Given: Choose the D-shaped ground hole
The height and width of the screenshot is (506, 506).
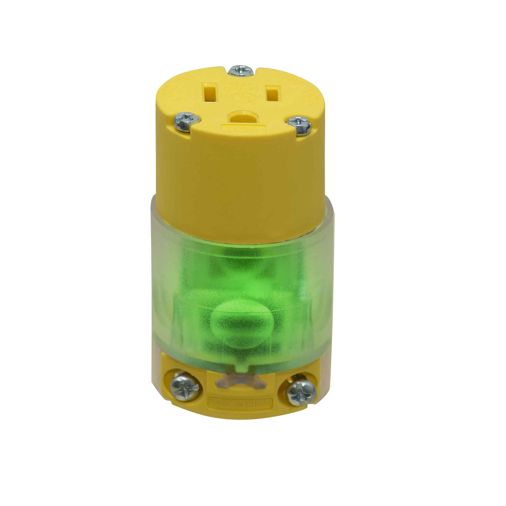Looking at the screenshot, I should pyautogui.click(x=241, y=117).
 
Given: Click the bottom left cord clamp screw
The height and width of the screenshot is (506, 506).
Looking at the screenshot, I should pyautogui.click(x=186, y=385).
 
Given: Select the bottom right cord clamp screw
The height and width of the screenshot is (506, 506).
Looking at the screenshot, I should pyautogui.click(x=301, y=392).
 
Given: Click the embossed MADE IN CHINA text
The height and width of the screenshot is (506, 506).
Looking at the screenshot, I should pyautogui.click(x=241, y=403).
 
